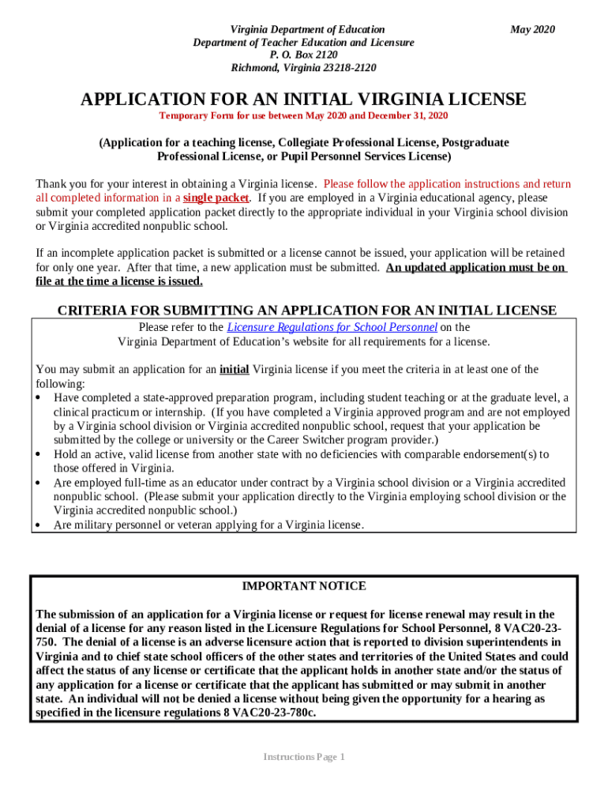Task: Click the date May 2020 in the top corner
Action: point(532,29)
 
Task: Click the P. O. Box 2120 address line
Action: point(303,55)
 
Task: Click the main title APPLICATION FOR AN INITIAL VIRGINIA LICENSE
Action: point(303,100)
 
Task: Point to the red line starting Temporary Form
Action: point(303,116)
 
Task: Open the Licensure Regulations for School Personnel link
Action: point(332,327)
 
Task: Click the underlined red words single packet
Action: point(216,198)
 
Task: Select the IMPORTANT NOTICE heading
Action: point(303,586)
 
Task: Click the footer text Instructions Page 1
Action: point(303,757)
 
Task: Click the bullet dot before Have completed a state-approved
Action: point(39,398)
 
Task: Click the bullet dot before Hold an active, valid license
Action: point(39,455)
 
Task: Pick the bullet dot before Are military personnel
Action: point(39,525)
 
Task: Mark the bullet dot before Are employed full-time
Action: point(39,483)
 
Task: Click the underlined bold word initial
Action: point(234,369)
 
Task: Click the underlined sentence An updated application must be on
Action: point(475,267)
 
